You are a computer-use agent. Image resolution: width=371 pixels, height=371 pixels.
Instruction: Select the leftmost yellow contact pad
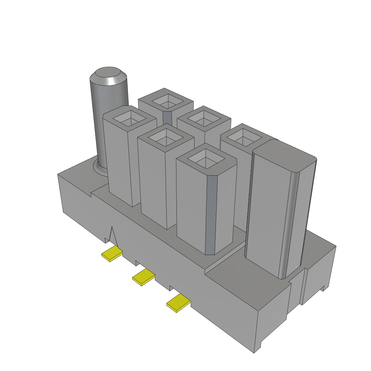(x=112, y=254)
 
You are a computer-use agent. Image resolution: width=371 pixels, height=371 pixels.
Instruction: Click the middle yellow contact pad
(x=143, y=278)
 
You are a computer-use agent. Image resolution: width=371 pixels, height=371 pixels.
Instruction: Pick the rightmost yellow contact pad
(x=178, y=303)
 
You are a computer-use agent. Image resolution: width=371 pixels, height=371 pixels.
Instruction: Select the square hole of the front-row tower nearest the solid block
(x=206, y=158)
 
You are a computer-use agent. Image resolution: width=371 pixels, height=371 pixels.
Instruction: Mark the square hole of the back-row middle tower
(x=203, y=118)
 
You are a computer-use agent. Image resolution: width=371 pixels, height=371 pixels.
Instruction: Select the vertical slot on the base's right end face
(x=304, y=286)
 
